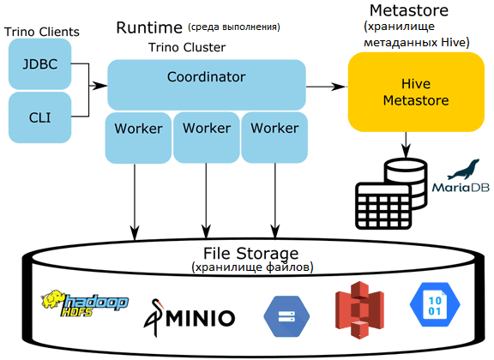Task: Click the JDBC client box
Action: (39, 64)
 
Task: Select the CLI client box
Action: (39, 117)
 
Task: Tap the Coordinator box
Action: (207, 85)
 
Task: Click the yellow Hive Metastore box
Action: (416, 92)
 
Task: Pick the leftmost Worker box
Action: (138, 138)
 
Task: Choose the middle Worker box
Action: (207, 138)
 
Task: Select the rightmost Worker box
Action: (274, 138)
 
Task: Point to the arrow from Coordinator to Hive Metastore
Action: (327, 86)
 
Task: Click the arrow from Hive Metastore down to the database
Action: (406, 145)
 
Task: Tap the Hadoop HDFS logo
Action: (84, 303)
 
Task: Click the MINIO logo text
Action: (201, 318)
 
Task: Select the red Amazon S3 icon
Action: (359, 310)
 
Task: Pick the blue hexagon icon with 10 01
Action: (435, 304)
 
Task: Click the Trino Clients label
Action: (41, 32)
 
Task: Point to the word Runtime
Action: (149, 27)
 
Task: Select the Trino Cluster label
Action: (187, 47)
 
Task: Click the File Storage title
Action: (250, 253)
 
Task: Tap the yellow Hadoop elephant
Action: (52, 299)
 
